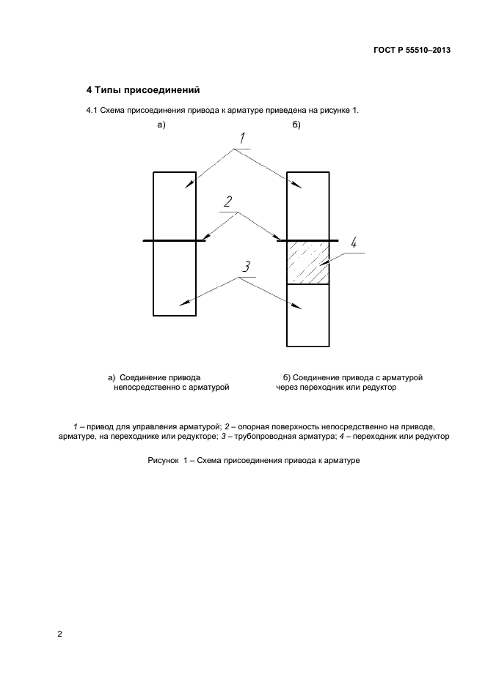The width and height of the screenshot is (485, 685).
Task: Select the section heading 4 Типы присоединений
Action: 144,90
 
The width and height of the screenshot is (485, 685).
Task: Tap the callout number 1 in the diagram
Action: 241,139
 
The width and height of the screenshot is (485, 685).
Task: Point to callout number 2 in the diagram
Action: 228,201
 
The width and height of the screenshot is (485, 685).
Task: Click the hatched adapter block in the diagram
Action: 307,262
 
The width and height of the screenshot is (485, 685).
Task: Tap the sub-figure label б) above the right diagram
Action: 296,125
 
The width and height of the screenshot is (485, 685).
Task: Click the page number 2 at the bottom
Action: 59,634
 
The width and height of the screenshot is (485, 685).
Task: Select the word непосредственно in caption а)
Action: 145,388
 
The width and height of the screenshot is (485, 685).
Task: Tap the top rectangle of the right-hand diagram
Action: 307,205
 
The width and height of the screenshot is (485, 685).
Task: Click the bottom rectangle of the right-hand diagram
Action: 307,315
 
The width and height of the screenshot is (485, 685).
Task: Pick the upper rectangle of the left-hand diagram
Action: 175,206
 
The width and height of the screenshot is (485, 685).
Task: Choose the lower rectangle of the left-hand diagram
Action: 175,278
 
